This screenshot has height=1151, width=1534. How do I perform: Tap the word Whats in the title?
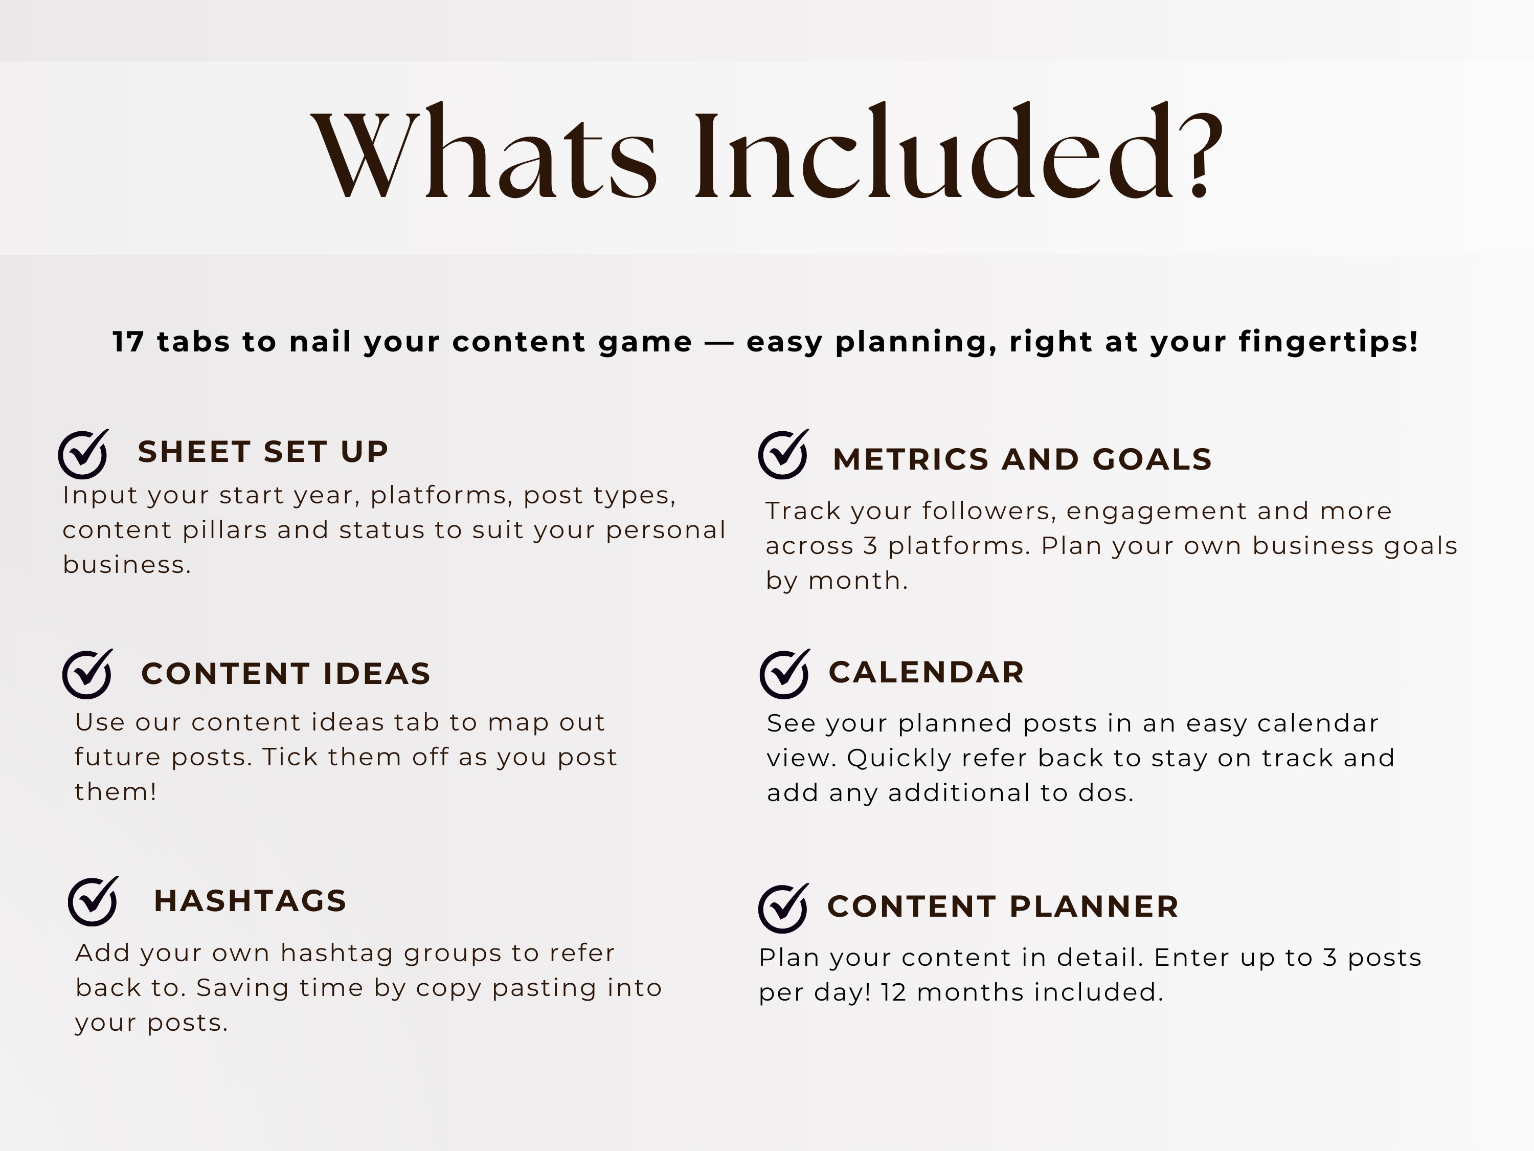(x=485, y=154)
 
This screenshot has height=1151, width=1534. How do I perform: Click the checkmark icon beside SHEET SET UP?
(x=83, y=454)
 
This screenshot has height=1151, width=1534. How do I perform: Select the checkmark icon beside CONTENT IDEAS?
(x=87, y=674)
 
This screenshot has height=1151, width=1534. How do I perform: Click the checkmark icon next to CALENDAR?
(x=784, y=674)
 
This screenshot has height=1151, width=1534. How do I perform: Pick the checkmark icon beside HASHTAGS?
(x=93, y=901)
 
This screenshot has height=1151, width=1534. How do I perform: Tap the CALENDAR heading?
(x=927, y=672)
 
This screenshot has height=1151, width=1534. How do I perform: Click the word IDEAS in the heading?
(x=376, y=674)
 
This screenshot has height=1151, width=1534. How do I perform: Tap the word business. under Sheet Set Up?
(x=127, y=565)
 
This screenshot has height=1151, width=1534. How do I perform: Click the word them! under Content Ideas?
(x=116, y=791)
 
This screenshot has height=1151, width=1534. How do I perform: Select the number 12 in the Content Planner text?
(x=893, y=993)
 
